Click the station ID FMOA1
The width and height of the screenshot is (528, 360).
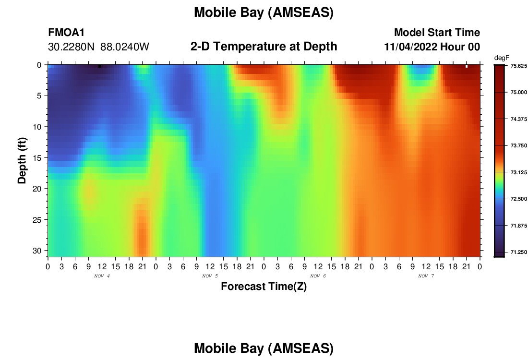(x=66, y=32)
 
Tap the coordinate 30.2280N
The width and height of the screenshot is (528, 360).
(x=71, y=47)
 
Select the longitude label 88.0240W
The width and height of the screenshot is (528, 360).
(x=125, y=47)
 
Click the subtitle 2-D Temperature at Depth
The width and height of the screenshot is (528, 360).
(x=264, y=47)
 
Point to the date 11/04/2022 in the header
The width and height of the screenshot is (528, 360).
(x=410, y=47)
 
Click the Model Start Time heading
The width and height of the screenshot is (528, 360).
(x=437, y=32)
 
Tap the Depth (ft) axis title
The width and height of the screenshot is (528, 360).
(x=22, y=160)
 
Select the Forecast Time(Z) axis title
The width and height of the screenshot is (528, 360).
(x=264, y=286)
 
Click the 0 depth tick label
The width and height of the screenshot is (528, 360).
(x=39, y=65)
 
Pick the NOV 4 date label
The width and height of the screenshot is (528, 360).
(x=102, y=276)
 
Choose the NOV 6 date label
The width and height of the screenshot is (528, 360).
(x=318, y=276)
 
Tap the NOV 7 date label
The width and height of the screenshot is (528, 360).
(x=426, y=276)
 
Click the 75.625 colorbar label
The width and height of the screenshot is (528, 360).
(x=518, y=66)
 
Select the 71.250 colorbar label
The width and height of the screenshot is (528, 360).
(x=518, y=252)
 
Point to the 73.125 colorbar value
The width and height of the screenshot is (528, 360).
(x=518, y=172)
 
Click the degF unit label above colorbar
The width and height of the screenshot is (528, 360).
(x=502, y=58)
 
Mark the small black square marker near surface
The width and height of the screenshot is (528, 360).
(x=99, y=66)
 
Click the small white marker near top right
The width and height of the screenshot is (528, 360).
(x=467, y=66)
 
